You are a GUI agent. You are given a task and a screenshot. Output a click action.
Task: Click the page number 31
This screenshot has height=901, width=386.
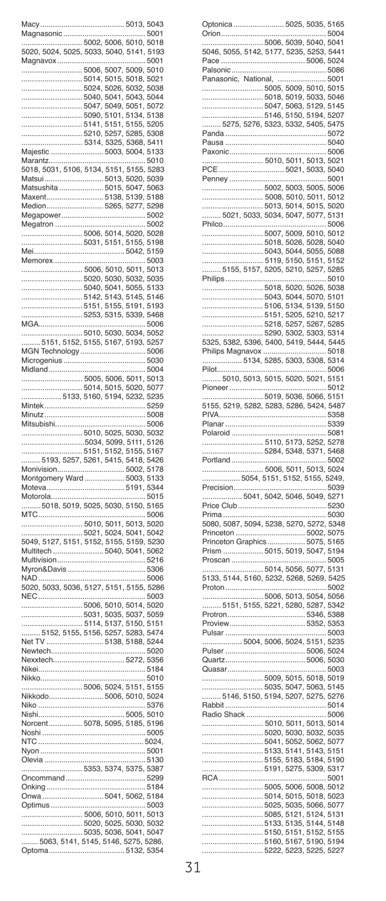click(193, 867)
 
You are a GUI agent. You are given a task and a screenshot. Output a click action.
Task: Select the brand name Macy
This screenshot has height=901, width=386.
click(30, 24)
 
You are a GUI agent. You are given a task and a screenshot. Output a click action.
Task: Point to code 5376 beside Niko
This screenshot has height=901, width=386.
click(155, 705)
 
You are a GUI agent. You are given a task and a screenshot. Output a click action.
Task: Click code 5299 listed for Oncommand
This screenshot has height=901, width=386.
click(155, 778)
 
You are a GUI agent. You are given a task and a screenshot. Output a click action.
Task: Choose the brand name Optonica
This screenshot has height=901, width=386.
click(217, 24)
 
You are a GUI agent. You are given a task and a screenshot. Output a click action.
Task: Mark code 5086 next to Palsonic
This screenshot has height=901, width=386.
click(335, 70)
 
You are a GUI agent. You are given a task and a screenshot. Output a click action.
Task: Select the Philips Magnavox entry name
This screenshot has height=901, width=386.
click(232, 351)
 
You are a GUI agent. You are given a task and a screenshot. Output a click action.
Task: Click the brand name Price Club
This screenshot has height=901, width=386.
click(219, 506)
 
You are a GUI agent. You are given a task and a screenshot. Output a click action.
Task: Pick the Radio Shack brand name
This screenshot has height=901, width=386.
click(223, 715)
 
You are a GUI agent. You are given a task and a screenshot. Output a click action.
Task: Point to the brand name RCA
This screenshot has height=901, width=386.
click(209, 778)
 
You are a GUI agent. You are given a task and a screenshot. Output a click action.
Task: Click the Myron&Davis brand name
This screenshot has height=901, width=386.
click(44, 569)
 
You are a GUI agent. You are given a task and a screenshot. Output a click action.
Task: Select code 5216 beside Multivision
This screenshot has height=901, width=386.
click(155, 560)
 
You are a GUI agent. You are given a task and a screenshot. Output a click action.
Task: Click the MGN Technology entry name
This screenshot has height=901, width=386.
click(50, 351)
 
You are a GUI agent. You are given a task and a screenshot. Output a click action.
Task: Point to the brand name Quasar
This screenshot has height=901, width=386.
click(214, 669)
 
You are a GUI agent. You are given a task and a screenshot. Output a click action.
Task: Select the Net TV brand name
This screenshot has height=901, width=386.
click(34, 642)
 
